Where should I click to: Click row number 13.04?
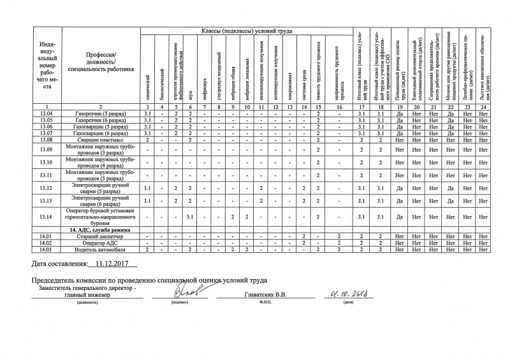[x=45, y=113]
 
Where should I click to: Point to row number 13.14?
[x=45, y=217]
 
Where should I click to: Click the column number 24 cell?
[x=485, y=106]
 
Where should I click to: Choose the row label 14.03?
[x=45, y=249]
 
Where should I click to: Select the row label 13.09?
[x=45, y=149]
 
